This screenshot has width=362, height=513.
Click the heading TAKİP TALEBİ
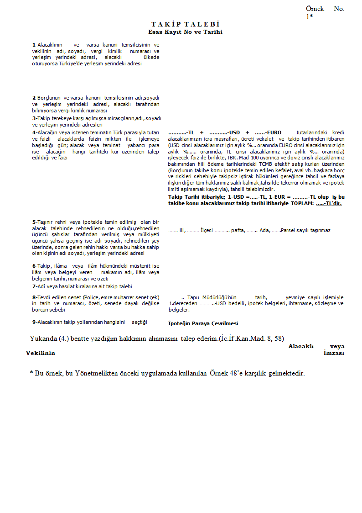tap(186, 24)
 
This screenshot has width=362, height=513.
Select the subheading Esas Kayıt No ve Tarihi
tap(185, 32)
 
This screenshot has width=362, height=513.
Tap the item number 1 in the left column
tap(34, 45)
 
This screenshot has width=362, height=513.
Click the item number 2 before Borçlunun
tap(34, 98)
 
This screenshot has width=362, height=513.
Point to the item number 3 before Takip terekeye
tap(34, 118)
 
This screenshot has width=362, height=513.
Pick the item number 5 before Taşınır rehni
tap(34, 222)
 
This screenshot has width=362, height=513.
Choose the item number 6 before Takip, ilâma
tap(34, 266)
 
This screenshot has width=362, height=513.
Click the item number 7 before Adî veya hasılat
tap(34, 286)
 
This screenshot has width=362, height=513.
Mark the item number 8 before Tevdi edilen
tap(34, 297)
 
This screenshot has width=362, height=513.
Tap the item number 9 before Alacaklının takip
tap(34, 322)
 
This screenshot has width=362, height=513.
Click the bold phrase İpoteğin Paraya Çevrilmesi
tap(203, 323)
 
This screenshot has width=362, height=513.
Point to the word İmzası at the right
tap(334, 353)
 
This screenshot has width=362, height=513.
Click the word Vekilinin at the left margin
tap(41, 353)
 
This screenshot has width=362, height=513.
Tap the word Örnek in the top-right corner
tap(315, 9)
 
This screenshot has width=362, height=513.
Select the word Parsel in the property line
tap(288, 230)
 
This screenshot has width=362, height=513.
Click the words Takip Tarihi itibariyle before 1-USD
tap(196, 197)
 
